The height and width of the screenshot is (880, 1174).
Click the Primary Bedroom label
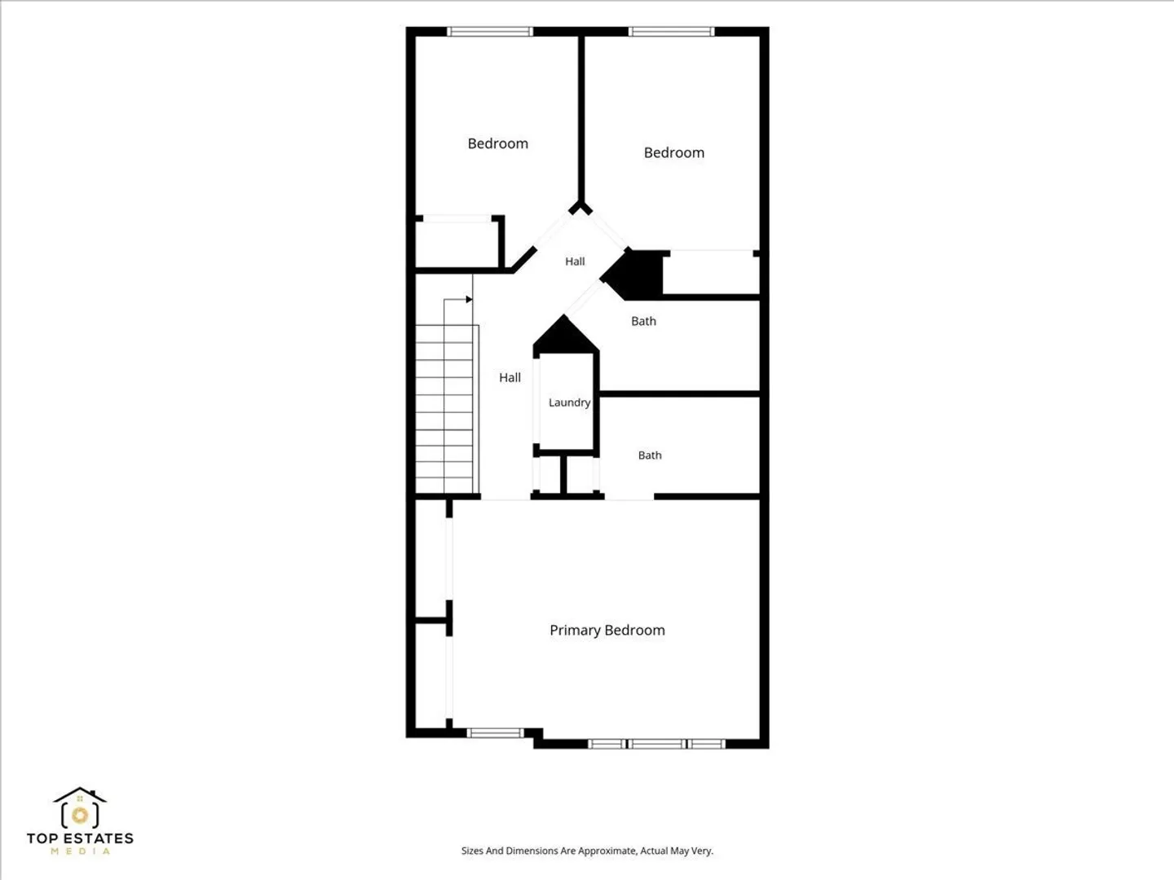click(x=607, y=631)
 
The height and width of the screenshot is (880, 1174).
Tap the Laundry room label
click(x=569, y=403)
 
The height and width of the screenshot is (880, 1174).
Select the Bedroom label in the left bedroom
click(x=497, y=143)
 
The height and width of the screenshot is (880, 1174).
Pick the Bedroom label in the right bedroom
click(x=674, y=153)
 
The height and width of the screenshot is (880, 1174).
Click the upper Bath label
click(x=643, y=321)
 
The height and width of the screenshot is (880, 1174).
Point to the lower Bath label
click(x=650, y=455)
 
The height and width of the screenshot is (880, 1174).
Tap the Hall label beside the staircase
click(x=510, y=378)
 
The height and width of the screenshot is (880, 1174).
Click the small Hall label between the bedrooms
click(x=575, y=262)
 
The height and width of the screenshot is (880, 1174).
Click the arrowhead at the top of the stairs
click(x=469, y=299)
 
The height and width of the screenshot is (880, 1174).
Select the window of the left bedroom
click(x=490, y=32)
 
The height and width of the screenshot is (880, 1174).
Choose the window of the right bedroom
click(x=671, y=32)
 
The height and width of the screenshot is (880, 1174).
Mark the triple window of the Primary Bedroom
click(x=657, y=744)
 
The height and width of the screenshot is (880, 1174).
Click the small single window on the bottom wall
click(x=495, y=733)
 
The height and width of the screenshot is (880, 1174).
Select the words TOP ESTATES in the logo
click(x=80, y=838)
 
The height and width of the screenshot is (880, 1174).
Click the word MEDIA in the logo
click(x=80, y=851)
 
